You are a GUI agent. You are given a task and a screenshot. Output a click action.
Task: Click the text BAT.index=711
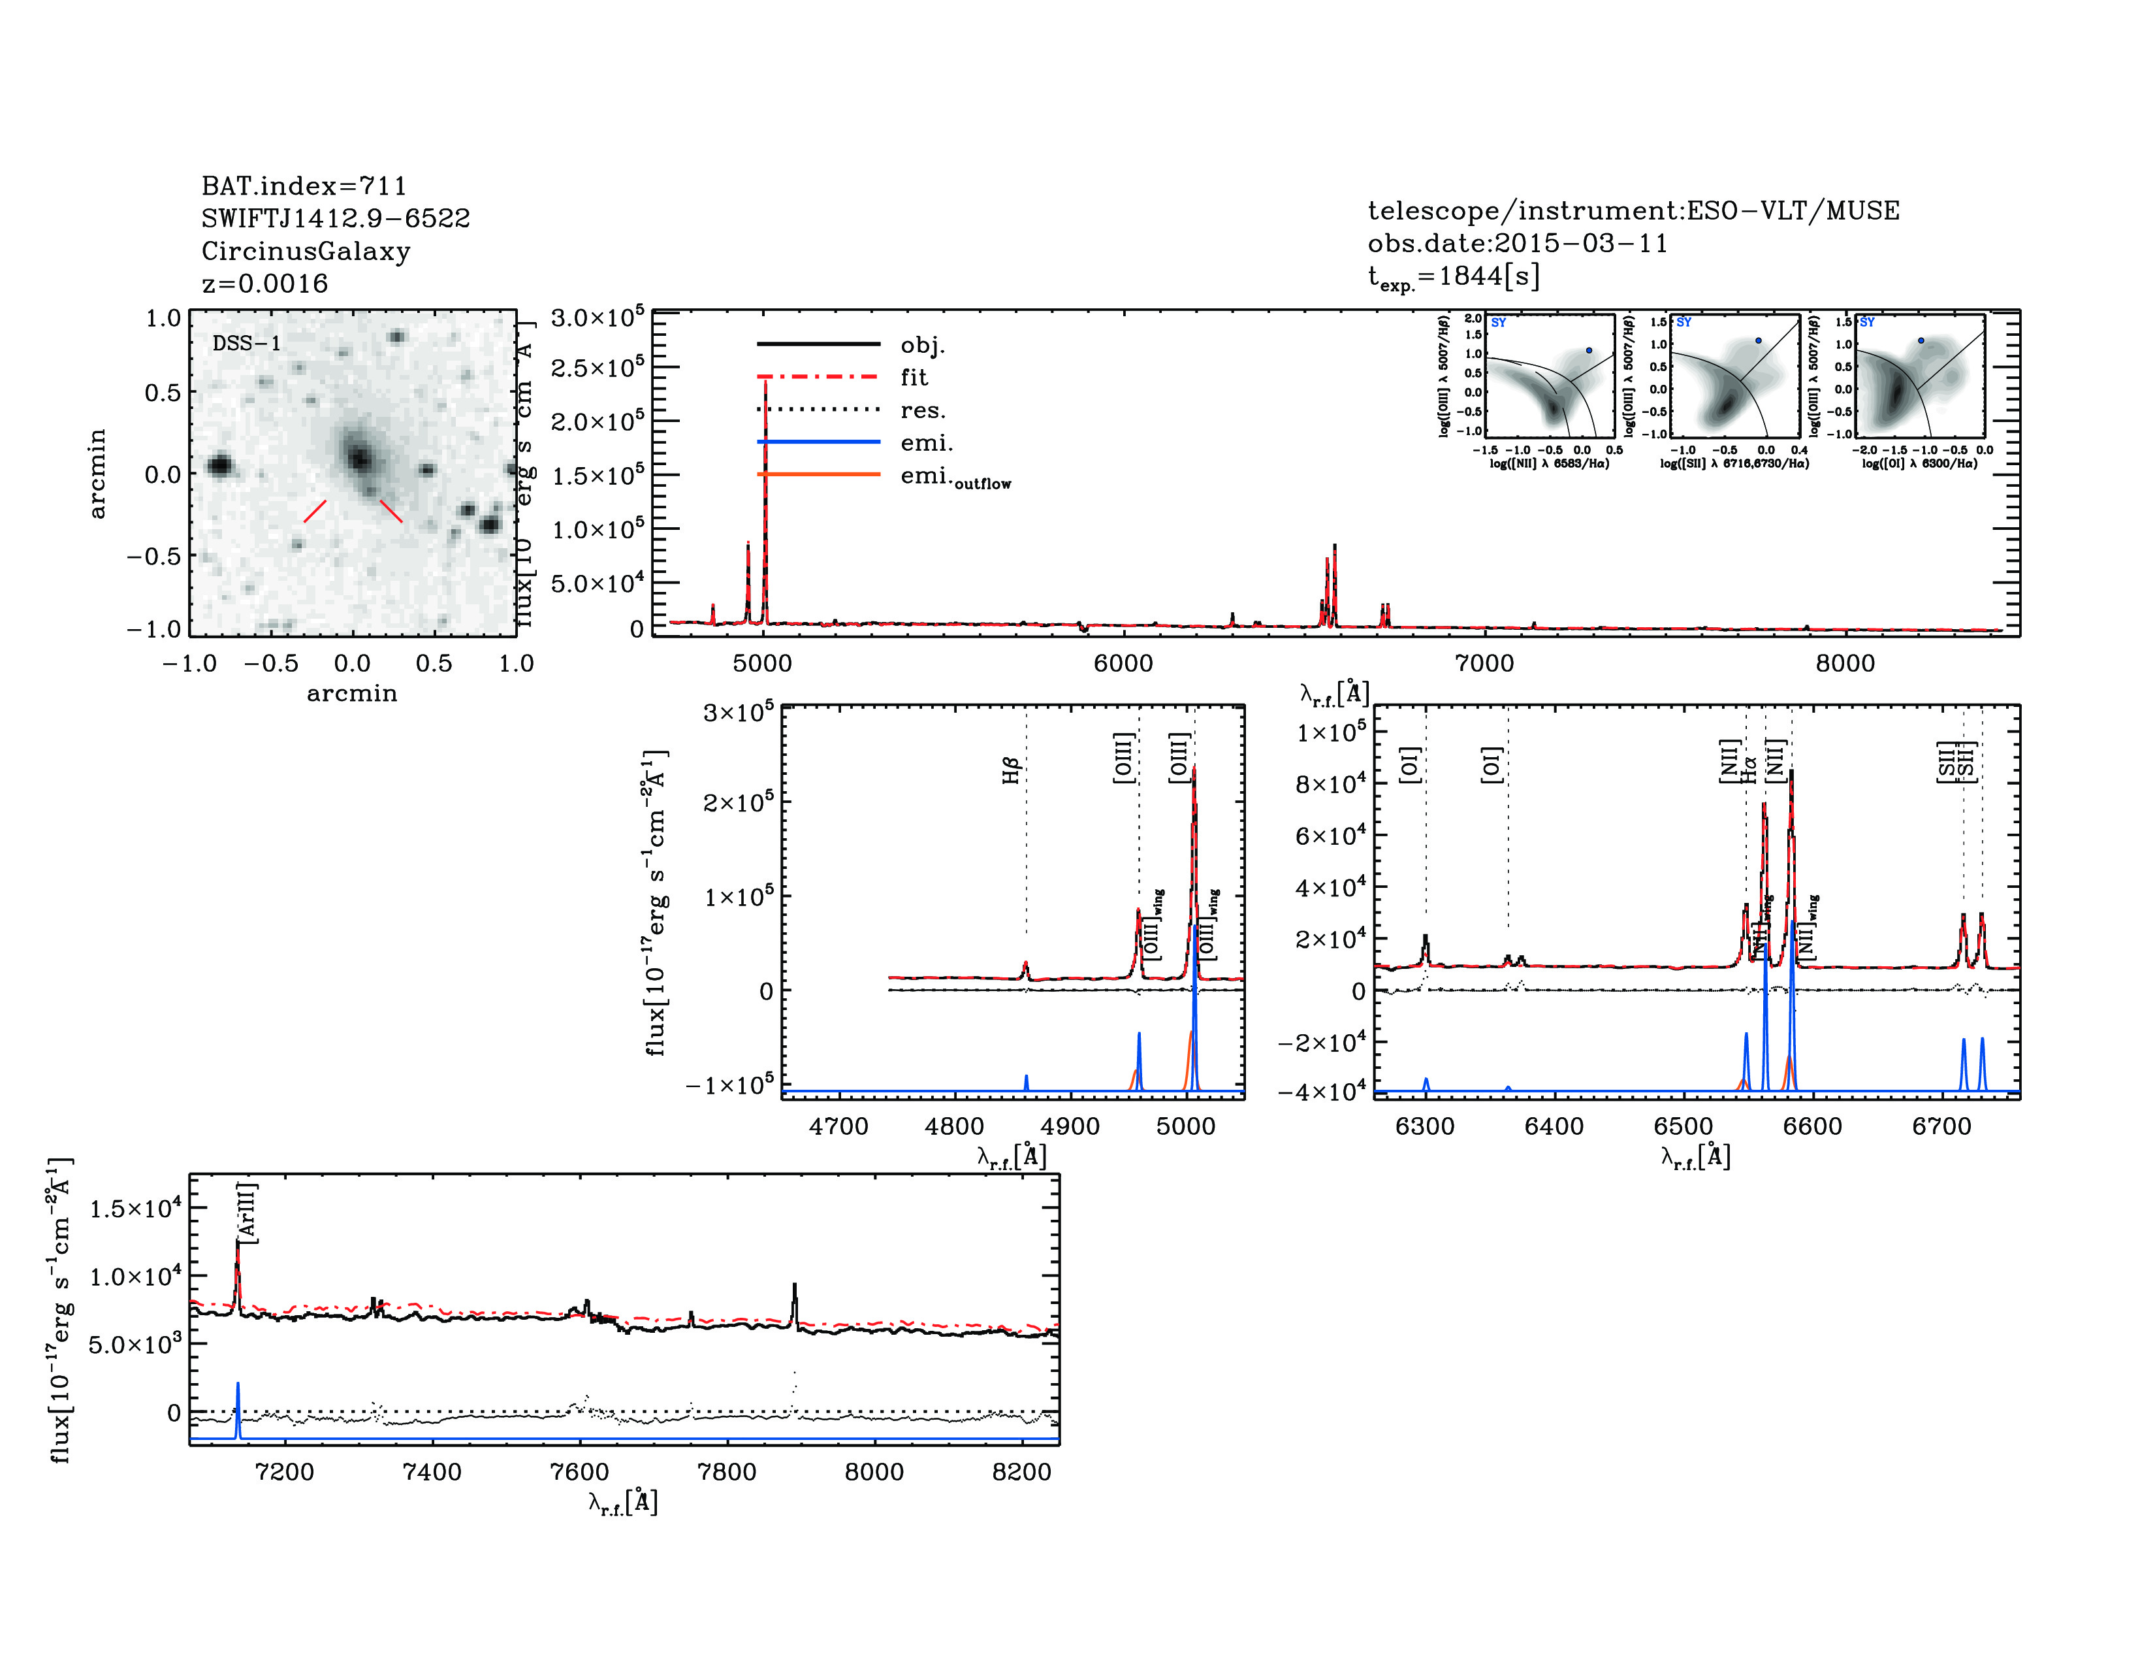tap(303, 186)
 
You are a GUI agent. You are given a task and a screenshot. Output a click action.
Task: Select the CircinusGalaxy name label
tap(306, 251)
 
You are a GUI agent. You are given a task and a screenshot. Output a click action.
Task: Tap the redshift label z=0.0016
tap(264, 284)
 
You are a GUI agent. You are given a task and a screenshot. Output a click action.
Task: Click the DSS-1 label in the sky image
tap(247, 344)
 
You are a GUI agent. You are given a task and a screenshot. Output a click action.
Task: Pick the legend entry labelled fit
tap(914, 377)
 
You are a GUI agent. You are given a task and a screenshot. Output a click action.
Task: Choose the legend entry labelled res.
tap(921, 410)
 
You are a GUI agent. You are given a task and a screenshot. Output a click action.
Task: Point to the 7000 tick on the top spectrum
tap(1484, 663)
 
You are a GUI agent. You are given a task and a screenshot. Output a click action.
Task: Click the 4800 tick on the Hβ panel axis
tap(954, 1126)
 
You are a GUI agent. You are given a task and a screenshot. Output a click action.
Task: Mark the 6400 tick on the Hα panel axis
tap(1554, 1126)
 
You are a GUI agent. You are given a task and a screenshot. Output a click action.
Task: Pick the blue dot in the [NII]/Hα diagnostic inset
tap(1589, 350)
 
